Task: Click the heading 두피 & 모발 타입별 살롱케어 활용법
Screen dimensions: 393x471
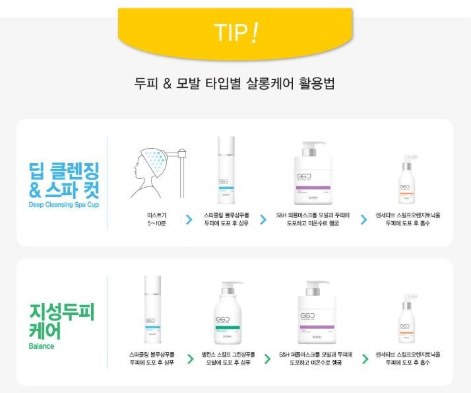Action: tap(235, 85)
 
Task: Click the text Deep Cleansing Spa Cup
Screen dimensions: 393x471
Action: tap(63, 205)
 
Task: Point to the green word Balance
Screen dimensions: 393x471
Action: tap(41, 345)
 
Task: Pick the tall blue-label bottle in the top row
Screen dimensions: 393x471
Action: tap(226, 170)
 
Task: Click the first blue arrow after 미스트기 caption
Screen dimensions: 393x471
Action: tap(189, 219)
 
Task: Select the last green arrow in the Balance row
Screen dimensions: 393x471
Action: tap(365, 359)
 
